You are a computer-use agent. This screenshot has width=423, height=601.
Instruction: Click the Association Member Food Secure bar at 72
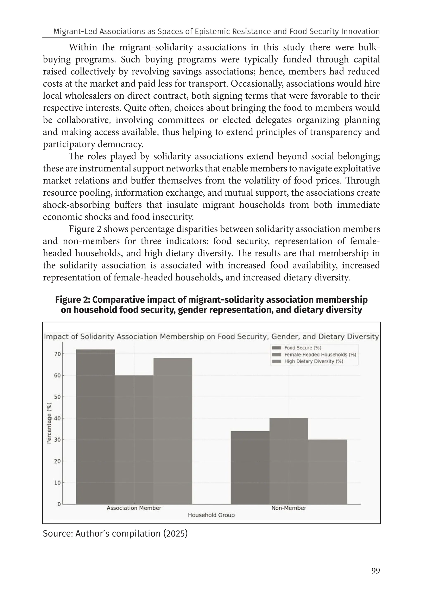[95, 426]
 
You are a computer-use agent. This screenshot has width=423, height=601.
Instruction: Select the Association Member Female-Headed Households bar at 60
[134, 439]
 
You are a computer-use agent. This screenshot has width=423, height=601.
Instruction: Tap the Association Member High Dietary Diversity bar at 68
[172, 431]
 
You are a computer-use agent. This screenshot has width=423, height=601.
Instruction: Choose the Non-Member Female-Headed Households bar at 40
[289, 461]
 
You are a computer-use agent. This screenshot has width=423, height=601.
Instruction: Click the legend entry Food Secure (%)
[302, 348]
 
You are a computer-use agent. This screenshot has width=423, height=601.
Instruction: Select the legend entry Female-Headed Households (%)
[320, 354]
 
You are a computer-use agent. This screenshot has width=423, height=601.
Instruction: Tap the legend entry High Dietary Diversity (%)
[314, 361]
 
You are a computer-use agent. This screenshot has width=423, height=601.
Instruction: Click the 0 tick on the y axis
[59, 504]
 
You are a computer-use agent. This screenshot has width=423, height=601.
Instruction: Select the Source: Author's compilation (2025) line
[115, 533]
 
